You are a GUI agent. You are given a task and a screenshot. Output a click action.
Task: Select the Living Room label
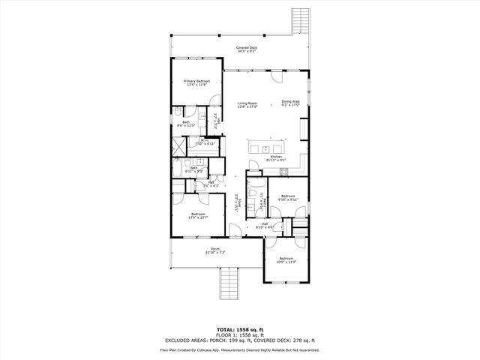pos(247,104)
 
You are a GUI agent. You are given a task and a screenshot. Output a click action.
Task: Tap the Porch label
pos(215,251)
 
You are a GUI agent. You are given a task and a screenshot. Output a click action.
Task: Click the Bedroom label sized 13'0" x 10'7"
pos(198,216)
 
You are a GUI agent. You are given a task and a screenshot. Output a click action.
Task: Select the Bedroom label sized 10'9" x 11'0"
pos(287,260)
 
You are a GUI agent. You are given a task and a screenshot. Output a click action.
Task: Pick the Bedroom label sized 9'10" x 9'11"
pos(289,197)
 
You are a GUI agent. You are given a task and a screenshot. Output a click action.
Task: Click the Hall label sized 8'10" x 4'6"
pos(265,225)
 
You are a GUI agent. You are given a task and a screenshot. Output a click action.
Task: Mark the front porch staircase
pos(229,286)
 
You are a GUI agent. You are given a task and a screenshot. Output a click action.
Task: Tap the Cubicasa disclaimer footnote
pos(240,349)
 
